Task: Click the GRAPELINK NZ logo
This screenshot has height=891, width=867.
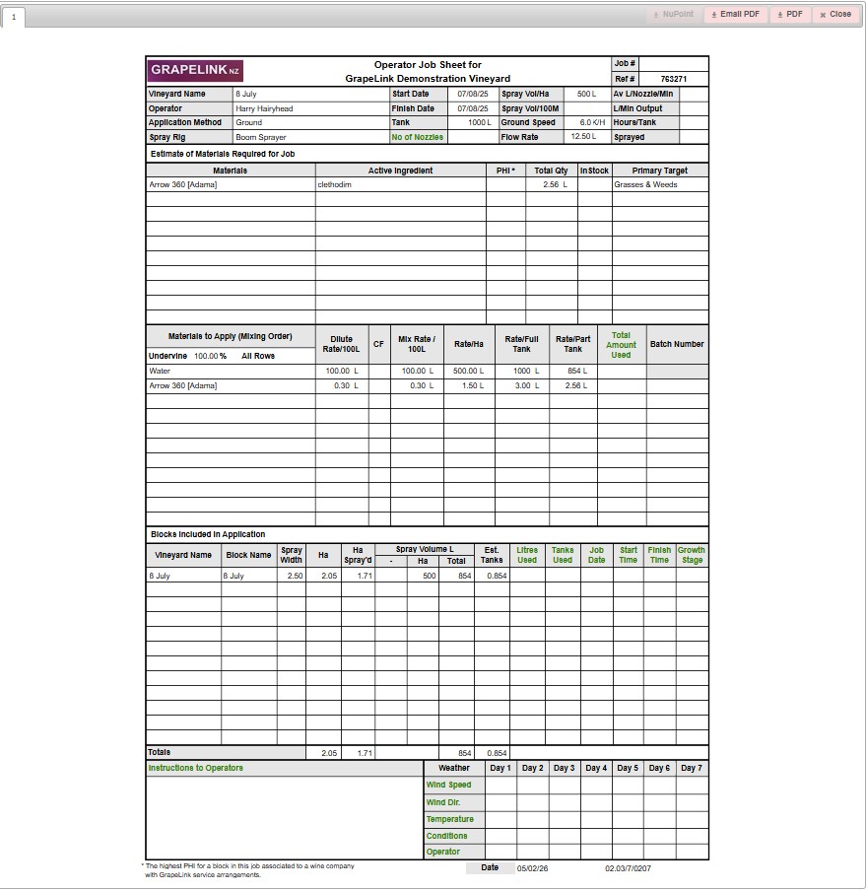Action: (195, 70)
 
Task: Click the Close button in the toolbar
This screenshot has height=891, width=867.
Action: (835, 15)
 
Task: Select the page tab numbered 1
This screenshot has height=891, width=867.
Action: (14, 18)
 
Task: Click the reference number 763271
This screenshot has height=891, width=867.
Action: (673, 79)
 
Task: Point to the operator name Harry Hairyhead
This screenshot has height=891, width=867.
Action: (264, 108)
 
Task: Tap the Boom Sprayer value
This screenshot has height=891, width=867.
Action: (260, 137)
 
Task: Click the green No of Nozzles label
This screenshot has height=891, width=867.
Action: (417, 137)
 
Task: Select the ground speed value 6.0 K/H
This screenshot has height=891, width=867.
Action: (591, 123)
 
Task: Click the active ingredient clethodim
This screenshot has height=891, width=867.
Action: (335, 184)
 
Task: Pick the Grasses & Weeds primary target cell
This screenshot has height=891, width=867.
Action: (645, 184)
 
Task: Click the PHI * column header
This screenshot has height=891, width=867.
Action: (505, 171)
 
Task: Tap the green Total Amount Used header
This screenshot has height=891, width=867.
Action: (621, 345)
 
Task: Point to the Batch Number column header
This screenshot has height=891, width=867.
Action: (677, 344)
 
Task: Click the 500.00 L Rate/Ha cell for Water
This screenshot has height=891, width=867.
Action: (468, 371)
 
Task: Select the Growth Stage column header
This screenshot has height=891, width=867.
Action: (692, 555)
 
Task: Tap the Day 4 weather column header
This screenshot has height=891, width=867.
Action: (596, 768)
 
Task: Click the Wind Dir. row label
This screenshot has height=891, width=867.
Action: (443, 802)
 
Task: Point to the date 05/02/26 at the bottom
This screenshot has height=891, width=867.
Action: (532, 868)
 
